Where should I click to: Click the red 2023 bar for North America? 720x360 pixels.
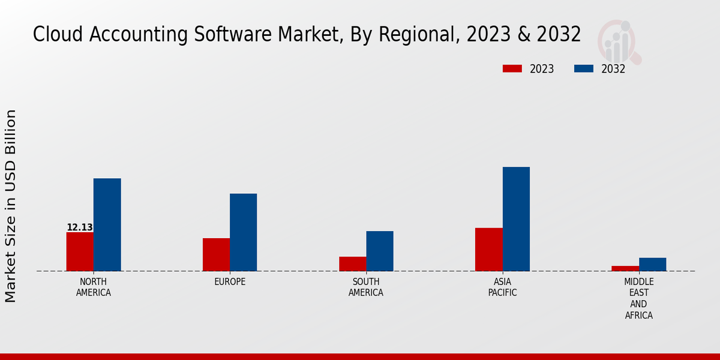(80, 251)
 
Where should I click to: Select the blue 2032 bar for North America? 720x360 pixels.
(107, 224)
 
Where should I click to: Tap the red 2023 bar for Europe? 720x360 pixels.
(216, 254)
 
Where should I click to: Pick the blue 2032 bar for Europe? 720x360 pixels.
(243, 232)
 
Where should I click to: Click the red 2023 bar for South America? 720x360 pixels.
(352, 263)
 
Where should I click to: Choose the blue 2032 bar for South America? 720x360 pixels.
(380, 251)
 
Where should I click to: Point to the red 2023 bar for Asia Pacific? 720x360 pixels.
(488, 249)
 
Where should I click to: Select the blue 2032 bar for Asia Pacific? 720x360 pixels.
(516, 219)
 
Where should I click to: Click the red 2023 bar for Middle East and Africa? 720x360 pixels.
(625, 268)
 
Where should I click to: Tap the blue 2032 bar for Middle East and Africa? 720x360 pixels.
(652, 264)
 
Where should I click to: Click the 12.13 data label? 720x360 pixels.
(80, 227)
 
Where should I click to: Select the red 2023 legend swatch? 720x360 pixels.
(512, 68)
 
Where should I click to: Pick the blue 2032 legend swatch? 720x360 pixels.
(584, 68)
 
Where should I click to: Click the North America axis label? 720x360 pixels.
(94, 287)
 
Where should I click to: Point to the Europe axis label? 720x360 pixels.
(230, 282)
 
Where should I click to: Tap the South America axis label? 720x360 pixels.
(366, 287)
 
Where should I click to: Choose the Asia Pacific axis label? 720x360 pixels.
(502, 287)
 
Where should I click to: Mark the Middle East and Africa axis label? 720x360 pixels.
(638, 298)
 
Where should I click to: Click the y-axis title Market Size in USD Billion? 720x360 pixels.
(11, 206)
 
